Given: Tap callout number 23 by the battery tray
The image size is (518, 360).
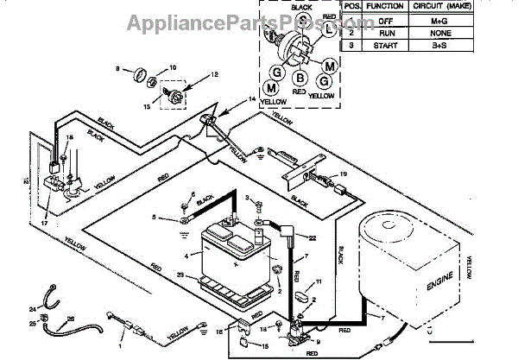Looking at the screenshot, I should click(180, 275).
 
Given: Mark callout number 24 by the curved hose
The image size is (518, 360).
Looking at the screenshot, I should click(32, 309).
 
